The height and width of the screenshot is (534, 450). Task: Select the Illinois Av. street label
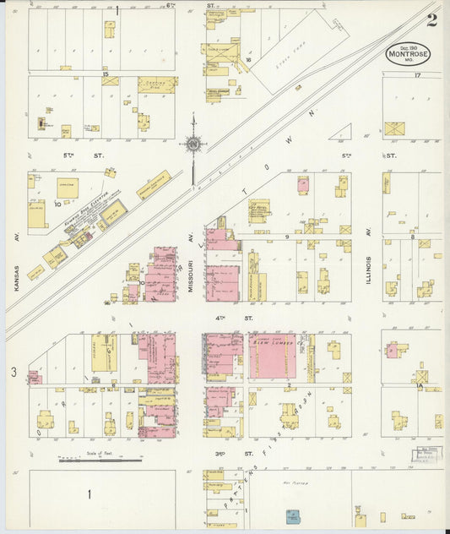pos(369,268)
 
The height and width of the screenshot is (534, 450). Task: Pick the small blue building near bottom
pos(292,515)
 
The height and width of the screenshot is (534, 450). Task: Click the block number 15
pos(106,74)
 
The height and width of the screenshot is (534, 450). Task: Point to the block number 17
pos(416,76)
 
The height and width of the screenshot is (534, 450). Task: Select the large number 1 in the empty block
pos(88,493)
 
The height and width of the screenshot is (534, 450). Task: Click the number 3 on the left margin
pos(13,372)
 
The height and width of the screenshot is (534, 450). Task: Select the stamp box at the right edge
pos(420,455)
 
